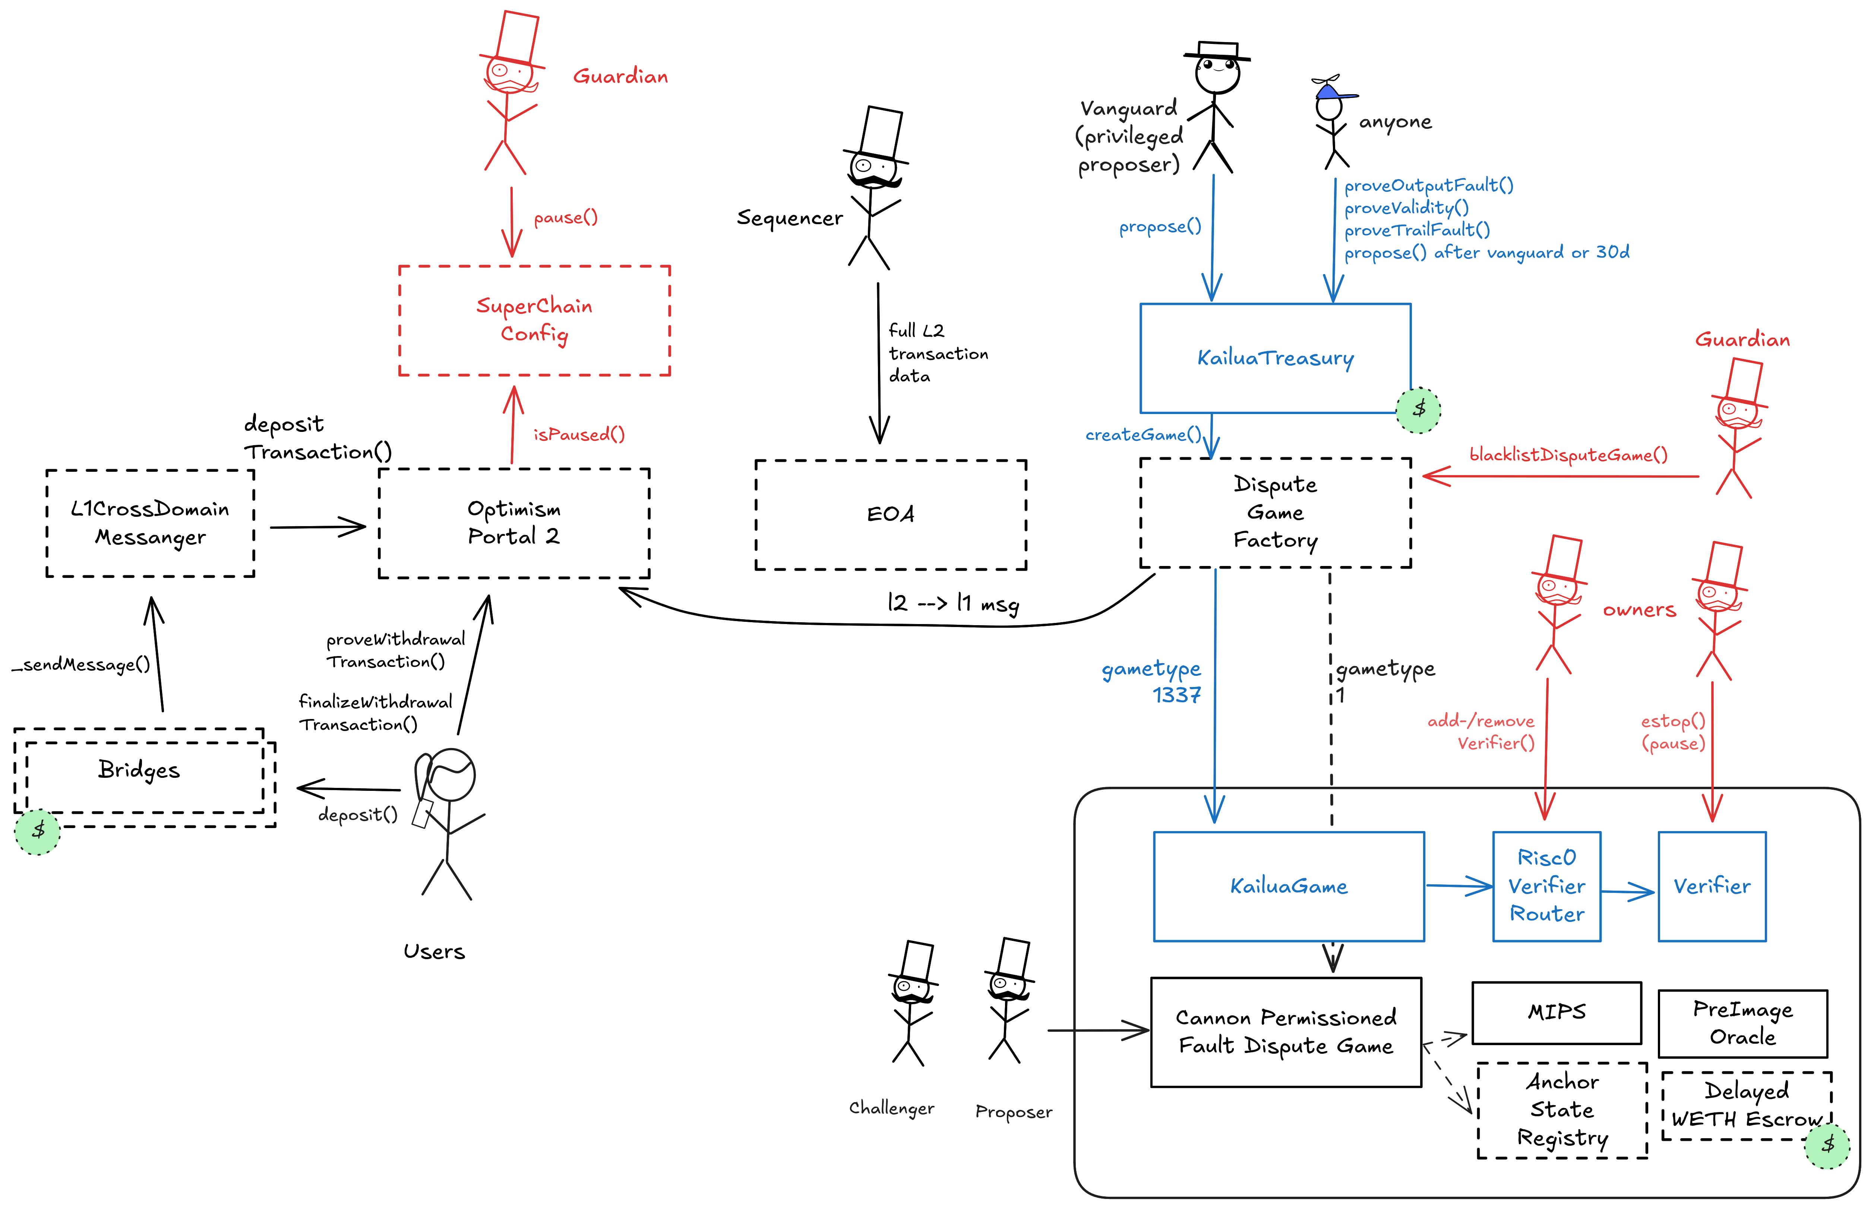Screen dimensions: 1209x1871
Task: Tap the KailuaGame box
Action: pyautogui.click(x=1288, y=886)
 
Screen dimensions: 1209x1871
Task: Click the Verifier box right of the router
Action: pyautogui.click(x=1712, y=886)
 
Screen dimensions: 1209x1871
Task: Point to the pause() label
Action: pyautogui.click(x=566, y=217)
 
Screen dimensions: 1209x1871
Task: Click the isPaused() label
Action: pyautogui.click(x=579, y=434)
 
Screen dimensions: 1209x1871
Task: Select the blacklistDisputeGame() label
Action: pyautogui.click(x=1568, y=455)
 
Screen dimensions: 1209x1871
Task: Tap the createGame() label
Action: pyautogui.click(x=1143, y=435)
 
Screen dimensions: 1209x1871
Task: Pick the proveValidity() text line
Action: pyautogui.click(x=1406, y=208)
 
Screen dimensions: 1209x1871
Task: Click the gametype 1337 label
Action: pyautogui.click(x=1151, y=681)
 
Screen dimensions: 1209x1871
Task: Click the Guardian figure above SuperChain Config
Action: pyautogui.click(x=509, y=94)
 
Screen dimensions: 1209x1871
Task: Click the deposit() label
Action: pyautogui.click(x=357, y=815)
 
